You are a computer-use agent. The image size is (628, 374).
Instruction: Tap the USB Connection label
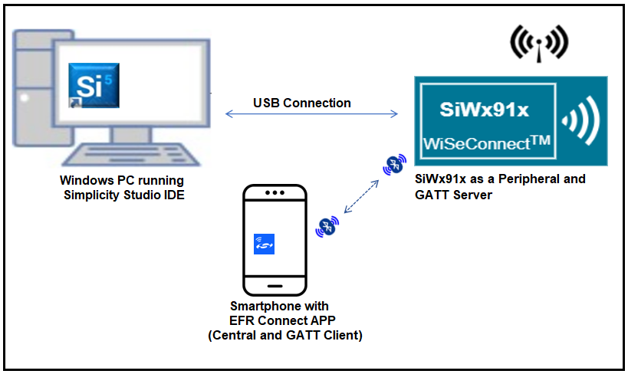point(302,103)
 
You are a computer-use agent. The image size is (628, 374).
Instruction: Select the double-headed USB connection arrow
point(311,115)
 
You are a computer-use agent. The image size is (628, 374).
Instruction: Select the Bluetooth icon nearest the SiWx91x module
point(395,164)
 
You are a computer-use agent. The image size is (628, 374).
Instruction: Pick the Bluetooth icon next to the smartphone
point(327,228)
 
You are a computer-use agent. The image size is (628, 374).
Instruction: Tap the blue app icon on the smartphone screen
point(264,244)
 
